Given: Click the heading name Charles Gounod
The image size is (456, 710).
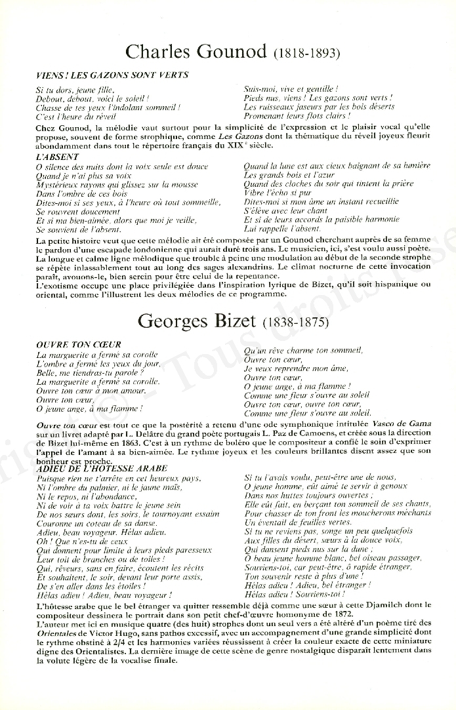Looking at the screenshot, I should (x=195, y=51).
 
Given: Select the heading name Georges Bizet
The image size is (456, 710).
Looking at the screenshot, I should (x=197, y=322).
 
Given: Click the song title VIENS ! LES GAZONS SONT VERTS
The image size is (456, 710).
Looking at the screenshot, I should (x=112, y=75).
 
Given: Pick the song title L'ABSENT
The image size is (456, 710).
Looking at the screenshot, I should (x=57, y=157).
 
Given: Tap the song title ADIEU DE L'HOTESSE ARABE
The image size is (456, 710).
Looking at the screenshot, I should (x=93, y=468).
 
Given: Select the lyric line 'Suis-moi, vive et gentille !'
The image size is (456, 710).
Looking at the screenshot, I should (x=291, y=89).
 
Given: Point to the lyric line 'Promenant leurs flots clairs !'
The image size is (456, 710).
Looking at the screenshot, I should (x=297, y=115).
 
